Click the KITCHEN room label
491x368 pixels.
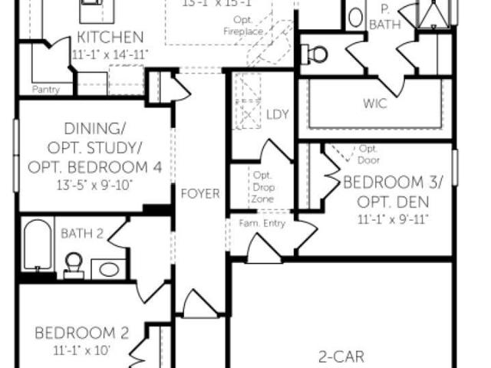coord(110,37)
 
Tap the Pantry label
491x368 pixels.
coord(46,90)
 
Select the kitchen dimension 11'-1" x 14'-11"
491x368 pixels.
coord(110,54)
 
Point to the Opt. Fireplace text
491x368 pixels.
coord(245,26)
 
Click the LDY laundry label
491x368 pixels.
coord(277,115)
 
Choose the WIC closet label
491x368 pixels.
coord(374,103)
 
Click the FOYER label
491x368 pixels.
coord(200,193)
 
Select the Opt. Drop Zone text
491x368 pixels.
coord(262,186)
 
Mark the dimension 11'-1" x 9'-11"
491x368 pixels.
coord(393,219)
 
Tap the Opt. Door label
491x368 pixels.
coord(369,154)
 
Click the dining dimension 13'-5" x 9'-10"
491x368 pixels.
coord(94,186)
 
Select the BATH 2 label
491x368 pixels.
coord(82,232)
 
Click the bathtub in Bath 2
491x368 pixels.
coord(36,245)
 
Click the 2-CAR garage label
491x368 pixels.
coord(342,356)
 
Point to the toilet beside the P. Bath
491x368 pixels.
coord(316,54)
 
